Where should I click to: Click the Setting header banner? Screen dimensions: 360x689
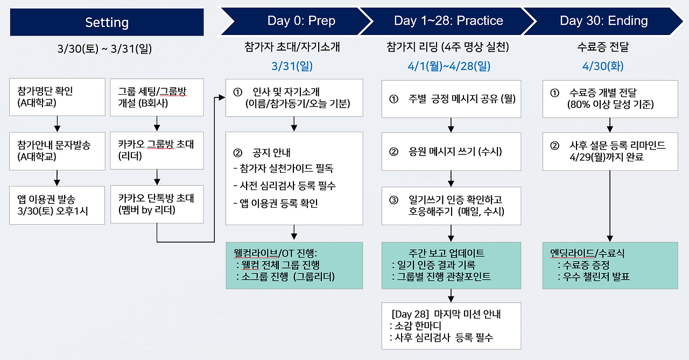(x=107, y=22)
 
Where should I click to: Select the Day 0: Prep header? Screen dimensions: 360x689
(x=301, y=21)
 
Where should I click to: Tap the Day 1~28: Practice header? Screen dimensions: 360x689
(x=448, y=21)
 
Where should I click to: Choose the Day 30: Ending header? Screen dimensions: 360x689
(x=603, y=21)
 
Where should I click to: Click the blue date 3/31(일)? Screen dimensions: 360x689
(x=292, y=66)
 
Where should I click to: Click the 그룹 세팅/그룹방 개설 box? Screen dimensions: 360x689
(x=157, y=97)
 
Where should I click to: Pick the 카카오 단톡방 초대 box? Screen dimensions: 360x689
(x=157, y=204)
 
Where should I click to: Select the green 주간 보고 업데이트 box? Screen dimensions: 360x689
(x=451, y=265)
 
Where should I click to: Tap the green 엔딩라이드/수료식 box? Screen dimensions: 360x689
(x=610, y=265)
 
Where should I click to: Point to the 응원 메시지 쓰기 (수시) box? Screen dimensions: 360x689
(x=451, y=151)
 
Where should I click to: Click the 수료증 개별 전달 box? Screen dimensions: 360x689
(x=610, y=98)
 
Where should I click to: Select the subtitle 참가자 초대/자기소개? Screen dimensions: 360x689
(x=292, y=47)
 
